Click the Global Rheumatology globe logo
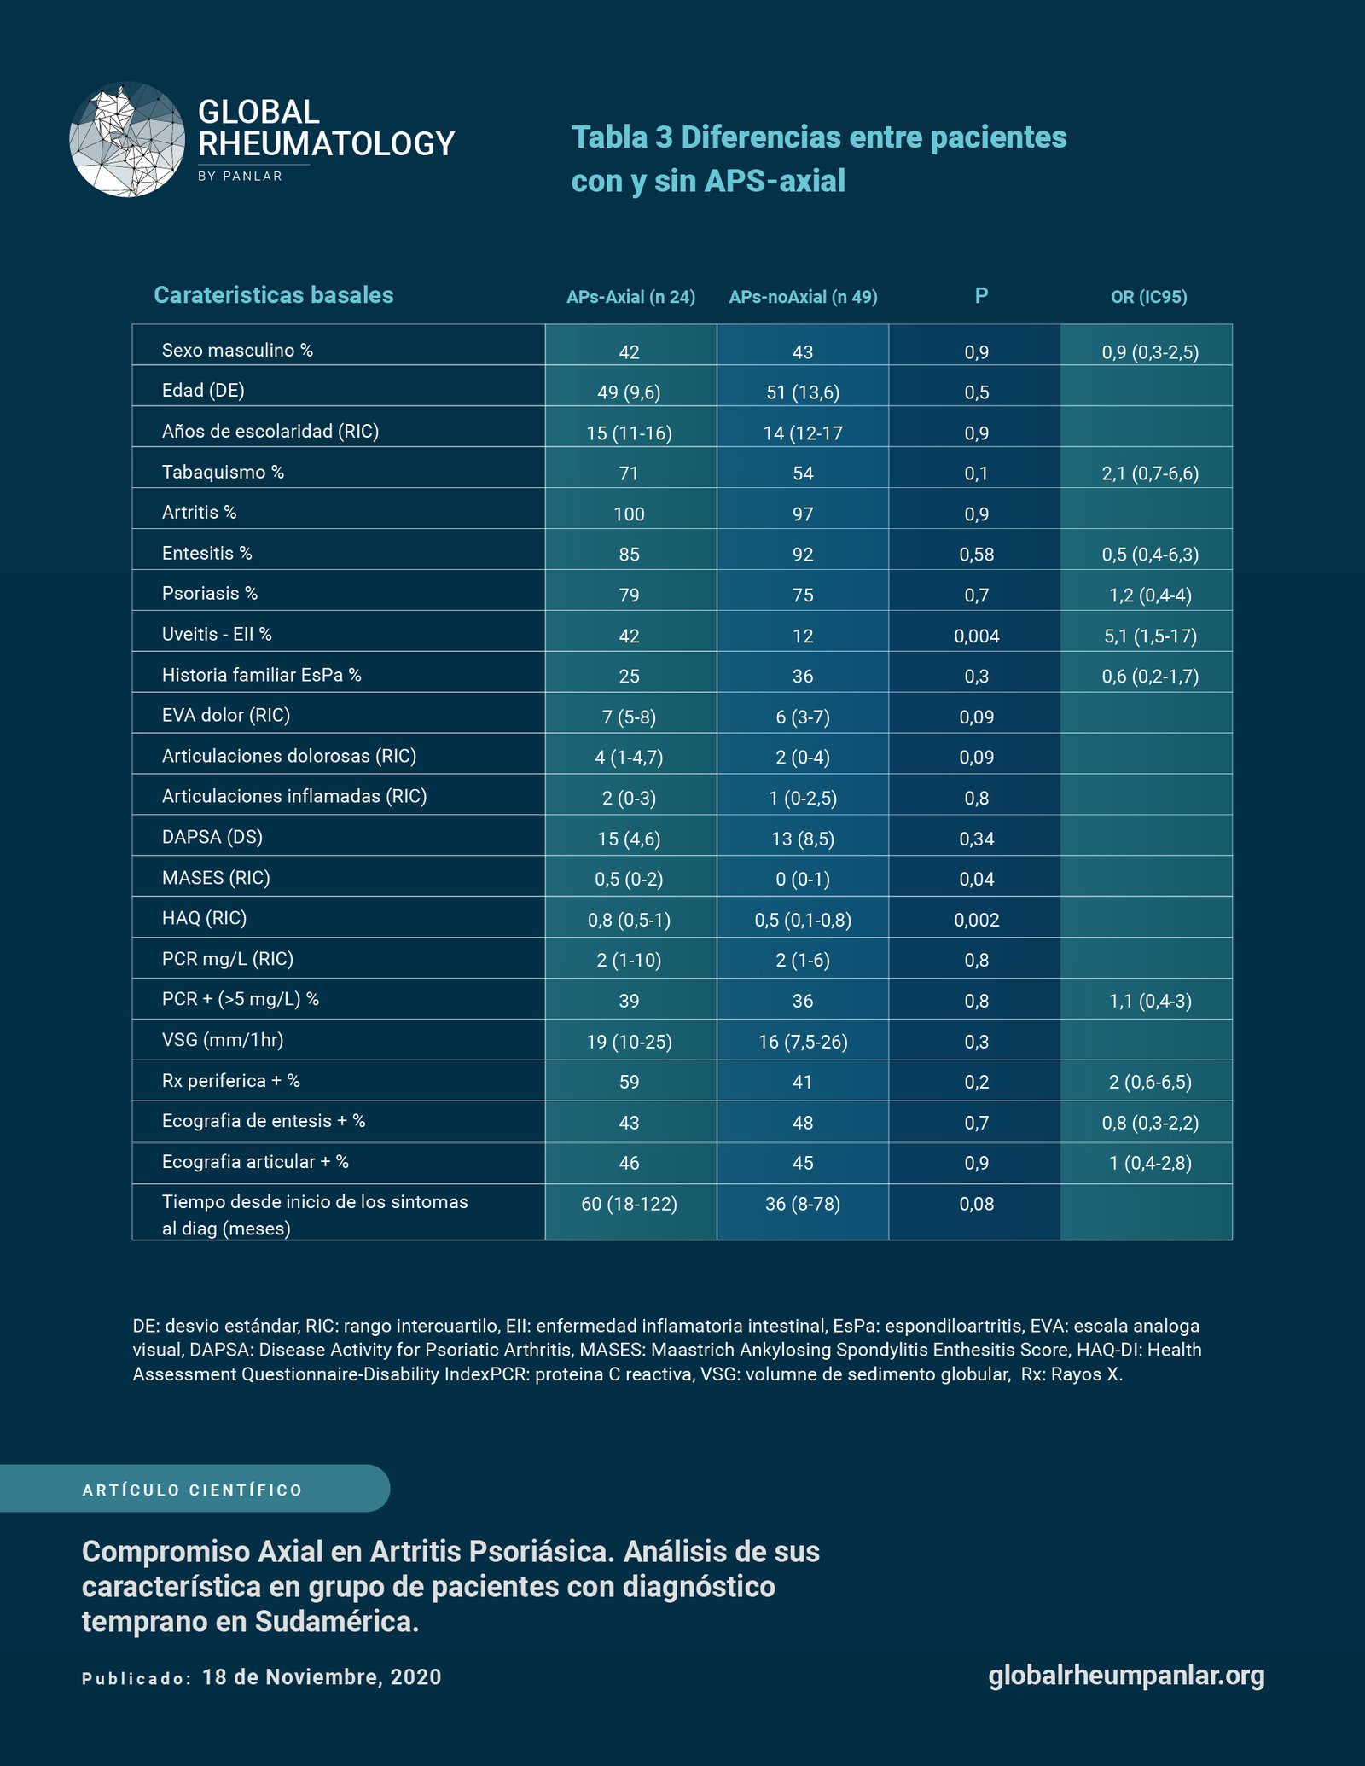click(x=127, y=140)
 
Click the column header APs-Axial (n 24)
click(x=630, y=297)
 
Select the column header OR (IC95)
click(x=1148, y=297)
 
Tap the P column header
click(x=981, y=295)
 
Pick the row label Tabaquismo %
click(x=223, y=472)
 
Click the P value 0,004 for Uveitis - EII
click(x=977, y=636)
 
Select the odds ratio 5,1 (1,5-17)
click(x=1150, y=636)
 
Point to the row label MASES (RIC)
click(x=216, y=878)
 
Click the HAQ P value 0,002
click(x=977, y=920)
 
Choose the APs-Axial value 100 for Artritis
click(x=629, y=514)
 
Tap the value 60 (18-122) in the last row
click(x=629, y=1204)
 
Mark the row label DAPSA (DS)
click(x=212, y=837)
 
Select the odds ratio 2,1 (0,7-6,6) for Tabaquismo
click(x=1150, y=473)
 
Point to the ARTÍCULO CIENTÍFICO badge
click(x=194, y=1490)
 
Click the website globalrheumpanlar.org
click(x=1126, y=1675)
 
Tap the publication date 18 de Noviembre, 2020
click(x=322, y=1676)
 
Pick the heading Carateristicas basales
click(x=273, y=294)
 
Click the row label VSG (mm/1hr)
click(x=223, y=1040)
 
